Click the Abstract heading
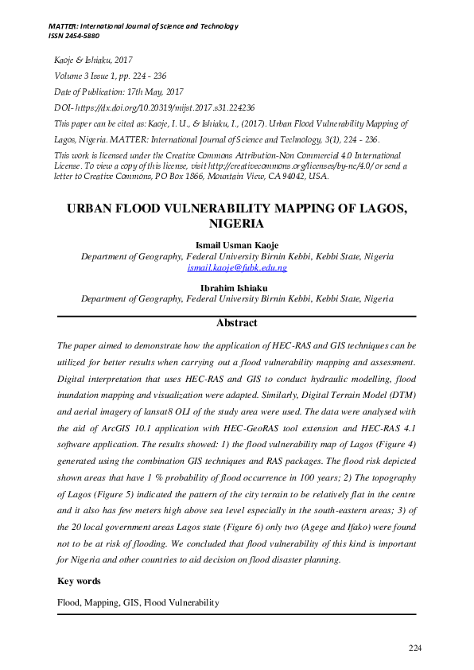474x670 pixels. tap(236, 323)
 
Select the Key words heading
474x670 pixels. tap(79, 582)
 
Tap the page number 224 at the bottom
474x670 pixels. tap(414, 649)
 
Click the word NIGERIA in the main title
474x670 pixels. tap(236, 224)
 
